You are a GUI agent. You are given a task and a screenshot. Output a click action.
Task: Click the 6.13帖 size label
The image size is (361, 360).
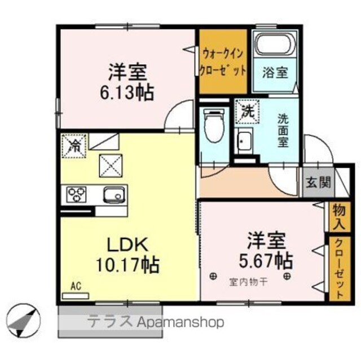click(126, 92)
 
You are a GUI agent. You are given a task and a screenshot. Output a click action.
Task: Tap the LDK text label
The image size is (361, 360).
click(127, 245)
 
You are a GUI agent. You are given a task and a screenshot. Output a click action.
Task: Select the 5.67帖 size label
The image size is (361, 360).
click(266, 260)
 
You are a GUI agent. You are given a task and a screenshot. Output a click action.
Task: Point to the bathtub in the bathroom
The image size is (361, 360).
click(275, 44)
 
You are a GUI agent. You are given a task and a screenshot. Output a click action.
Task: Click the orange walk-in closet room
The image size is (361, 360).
click(223, 61)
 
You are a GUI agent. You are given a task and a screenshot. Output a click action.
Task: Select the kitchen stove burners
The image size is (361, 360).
click(76, 194)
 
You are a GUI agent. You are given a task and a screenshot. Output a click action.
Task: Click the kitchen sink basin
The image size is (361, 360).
click(115, 194)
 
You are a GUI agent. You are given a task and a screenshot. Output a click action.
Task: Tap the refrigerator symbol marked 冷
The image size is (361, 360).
click(74, 146)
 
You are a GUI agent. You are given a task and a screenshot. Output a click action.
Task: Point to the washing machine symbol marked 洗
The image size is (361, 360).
click(248, 112)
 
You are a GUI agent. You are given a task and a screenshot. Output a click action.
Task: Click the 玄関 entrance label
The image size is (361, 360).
click(318, 183)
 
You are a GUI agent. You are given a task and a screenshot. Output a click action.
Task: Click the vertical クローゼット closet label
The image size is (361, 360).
click(340, 269)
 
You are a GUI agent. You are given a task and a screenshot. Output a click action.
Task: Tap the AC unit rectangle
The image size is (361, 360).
click(76, 296)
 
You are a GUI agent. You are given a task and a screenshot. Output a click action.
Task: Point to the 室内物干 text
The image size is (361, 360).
click(248, 282)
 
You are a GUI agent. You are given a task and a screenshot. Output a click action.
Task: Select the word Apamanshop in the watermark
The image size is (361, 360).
click(180, 322)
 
